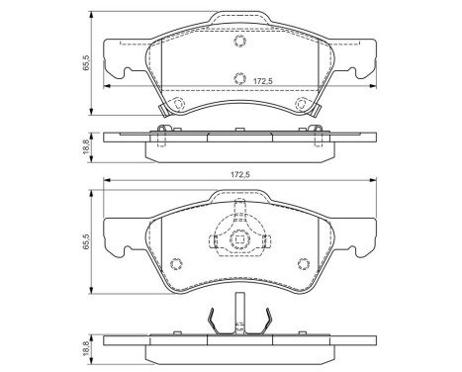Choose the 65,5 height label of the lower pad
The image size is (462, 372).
coord(88,240)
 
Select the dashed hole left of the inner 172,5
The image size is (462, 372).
coord(237,79)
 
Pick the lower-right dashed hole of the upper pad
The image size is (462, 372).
coord(303,106)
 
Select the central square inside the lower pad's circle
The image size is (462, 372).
coord(238,239)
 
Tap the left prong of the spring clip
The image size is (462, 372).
coord(213,319)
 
